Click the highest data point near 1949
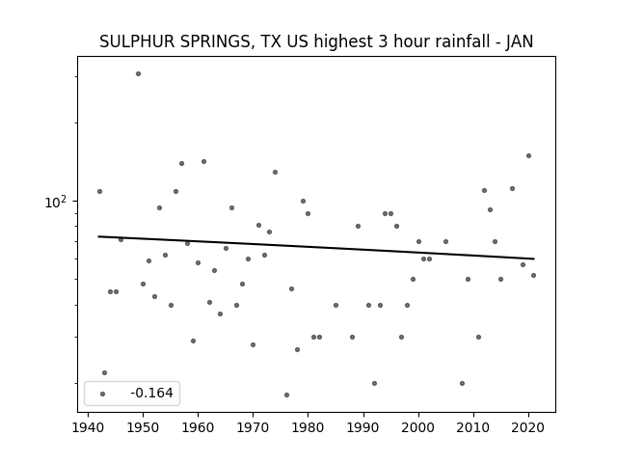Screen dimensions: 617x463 point(138,73)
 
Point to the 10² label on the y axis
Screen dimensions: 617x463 point(56,202)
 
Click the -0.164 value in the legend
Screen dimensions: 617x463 point(152,393)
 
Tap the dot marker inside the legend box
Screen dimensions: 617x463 point(103,394)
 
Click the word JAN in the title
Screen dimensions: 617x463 point(520,41)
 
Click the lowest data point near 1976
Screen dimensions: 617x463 point(286,395)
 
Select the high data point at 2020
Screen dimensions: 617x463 point(528,156)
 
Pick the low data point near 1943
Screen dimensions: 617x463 point(104,373)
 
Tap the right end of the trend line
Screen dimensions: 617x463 point(534,259)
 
